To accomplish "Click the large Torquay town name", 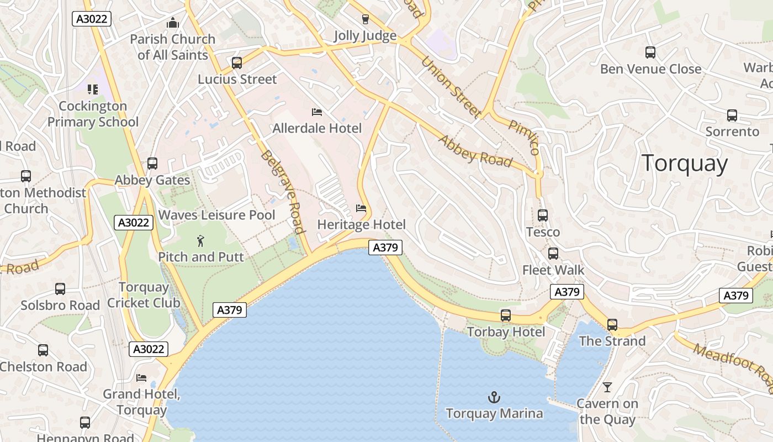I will [x=685, y=164].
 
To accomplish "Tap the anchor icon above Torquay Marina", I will [x=494, y=397].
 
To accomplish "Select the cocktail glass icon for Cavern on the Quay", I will [x=607, y=387].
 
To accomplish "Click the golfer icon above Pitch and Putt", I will [x=200, y=241].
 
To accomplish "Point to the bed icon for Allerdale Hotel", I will [x=317, y=112].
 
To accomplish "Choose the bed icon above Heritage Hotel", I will [x=361, y=208].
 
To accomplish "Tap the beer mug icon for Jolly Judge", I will [x=365, y=19].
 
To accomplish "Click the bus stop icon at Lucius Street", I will [x=237, y=63].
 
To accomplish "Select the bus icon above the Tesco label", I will [x=543, y=215].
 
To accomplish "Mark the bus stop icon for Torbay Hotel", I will [x=506, y=315].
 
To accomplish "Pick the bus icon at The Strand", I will [x=612, y=325].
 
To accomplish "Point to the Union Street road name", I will [x=451, y=87].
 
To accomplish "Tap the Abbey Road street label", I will [x=475, y=150].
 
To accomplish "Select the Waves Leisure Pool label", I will [x=216, y=215].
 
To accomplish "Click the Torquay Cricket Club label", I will [x=144, y=295].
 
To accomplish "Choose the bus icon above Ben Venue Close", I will [x=650, y=52].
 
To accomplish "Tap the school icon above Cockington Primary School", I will [x=93, y=89].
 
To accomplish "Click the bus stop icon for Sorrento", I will [x=732, y=115].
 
